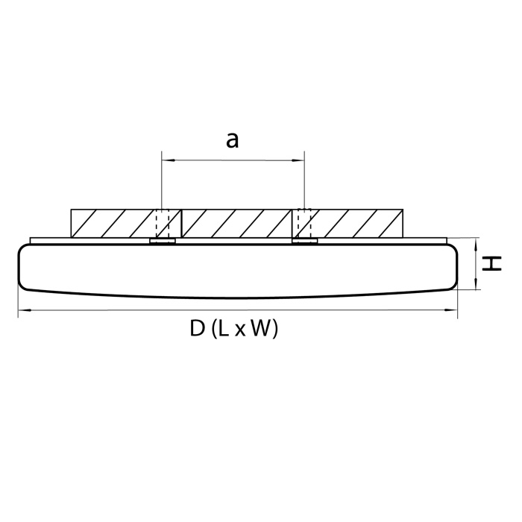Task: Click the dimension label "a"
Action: point(233,139)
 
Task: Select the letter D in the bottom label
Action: point(198,329)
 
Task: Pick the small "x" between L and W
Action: point(239,331)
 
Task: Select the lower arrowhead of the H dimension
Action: point(475,285)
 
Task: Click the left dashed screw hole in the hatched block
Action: point(163,223)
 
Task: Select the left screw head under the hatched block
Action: point(163,241)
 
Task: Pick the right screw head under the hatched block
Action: point(304,241)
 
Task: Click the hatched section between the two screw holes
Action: point(233,223)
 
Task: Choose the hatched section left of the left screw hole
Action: point(112,223)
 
